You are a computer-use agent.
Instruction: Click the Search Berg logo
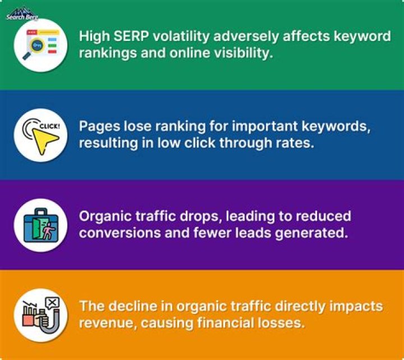pyautogui.click(x=21, y=12)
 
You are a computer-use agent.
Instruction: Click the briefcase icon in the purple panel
pyautogui.click(x=37, y=225)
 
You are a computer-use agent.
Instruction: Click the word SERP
pyautogui.click(x=130, y=37)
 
